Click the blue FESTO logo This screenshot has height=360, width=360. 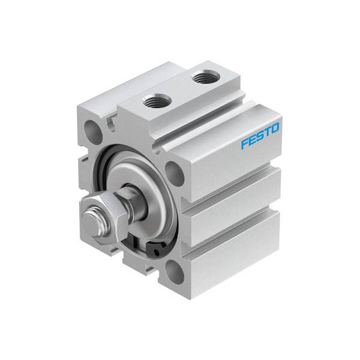click(260, 136)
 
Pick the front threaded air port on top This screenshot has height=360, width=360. click(157, 100)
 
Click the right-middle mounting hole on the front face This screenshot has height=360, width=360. click(175, 173)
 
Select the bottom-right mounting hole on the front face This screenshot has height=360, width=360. click(175, 272)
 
